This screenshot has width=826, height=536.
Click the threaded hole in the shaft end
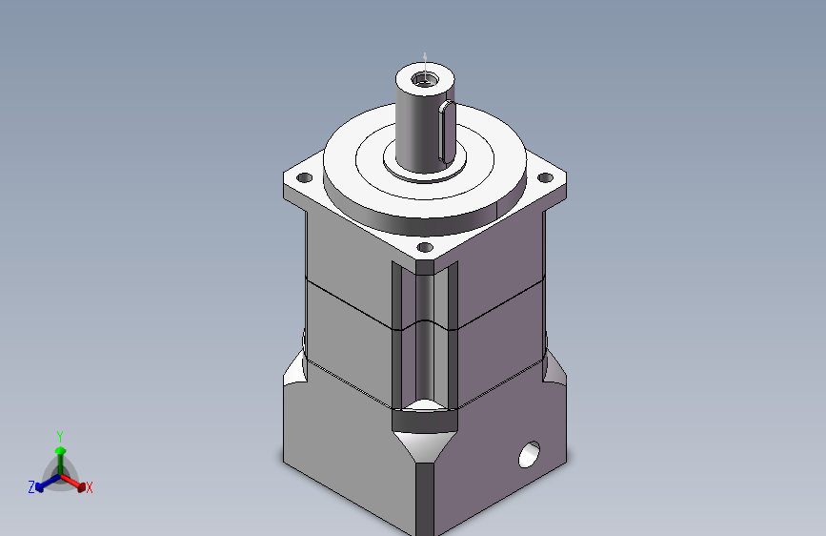(x=425, y=80)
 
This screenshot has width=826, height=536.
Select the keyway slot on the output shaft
(x=447, y=132)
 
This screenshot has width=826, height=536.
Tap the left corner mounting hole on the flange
(x=305, y=177)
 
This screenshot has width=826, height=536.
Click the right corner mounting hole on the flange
(x=545, y=177)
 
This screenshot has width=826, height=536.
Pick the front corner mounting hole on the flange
(x=425, y=247)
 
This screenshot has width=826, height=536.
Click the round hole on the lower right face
(x=529, y=454)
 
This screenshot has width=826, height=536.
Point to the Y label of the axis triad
(x=60, y=437)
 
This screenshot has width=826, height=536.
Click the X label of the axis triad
(x=89, y=488)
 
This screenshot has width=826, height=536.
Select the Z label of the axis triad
(x=31, y=487)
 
